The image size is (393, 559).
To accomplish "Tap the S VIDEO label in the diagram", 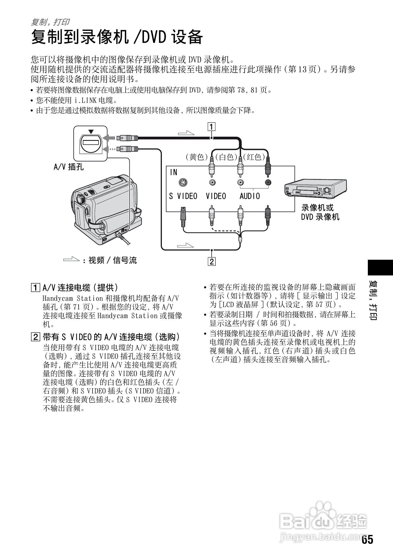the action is [183, 196].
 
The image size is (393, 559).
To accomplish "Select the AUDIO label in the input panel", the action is [250, 196].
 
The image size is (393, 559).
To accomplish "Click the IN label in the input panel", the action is [173, 172].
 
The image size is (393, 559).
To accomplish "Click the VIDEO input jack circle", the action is [213, 183].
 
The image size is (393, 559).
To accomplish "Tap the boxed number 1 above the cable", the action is [212, 126].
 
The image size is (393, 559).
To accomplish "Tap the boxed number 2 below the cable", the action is [212, 261].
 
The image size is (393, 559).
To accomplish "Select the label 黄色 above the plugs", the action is [197, 157].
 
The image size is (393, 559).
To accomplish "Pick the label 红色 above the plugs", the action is [254, 157].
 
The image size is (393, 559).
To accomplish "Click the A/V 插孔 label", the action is [69, 167].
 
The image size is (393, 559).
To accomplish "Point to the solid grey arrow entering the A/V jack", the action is [109, 138].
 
